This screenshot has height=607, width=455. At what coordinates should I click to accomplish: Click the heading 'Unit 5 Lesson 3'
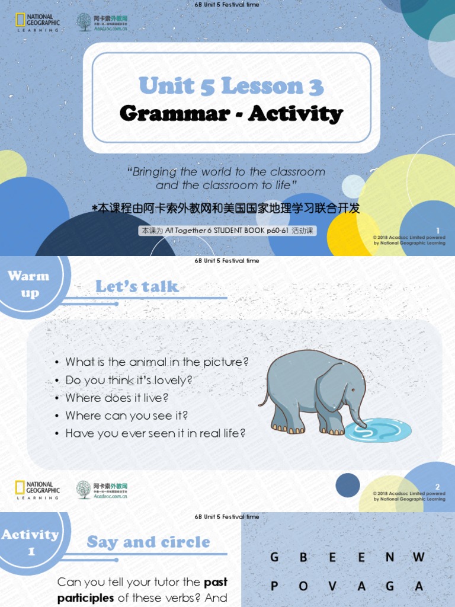tap(231, 86)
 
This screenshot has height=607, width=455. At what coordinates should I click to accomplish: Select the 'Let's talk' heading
tap(137, 287)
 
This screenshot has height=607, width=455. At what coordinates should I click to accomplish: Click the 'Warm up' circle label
tap(28, 284)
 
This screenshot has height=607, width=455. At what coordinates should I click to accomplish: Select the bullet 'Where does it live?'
tap(117, 398)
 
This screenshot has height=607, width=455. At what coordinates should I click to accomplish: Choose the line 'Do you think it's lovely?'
tap(129, 380)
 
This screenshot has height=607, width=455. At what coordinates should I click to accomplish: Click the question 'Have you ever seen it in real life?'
tap(155, 433)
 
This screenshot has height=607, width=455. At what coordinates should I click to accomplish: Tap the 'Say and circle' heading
tap(148, 542)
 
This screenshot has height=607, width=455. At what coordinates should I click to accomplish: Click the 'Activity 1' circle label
tap(30, 542)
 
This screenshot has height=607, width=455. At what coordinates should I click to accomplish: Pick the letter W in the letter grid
tap(419, 557)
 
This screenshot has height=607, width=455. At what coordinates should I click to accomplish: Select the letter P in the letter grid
tap(274, 586)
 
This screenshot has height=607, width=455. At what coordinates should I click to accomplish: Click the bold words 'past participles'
tap(142, 590)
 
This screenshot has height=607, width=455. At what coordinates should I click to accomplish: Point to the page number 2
tap(437, 486)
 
